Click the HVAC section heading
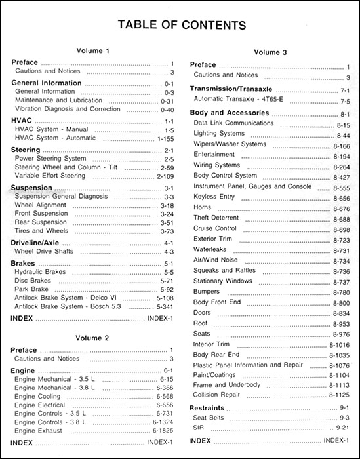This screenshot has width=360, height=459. click(x=23, y=121)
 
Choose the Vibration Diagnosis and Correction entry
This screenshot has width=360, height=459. click(x=58, y=109)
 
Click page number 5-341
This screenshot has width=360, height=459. click(x=163, y=305)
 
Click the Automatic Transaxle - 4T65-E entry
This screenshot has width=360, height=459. click(x=238, y=100)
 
